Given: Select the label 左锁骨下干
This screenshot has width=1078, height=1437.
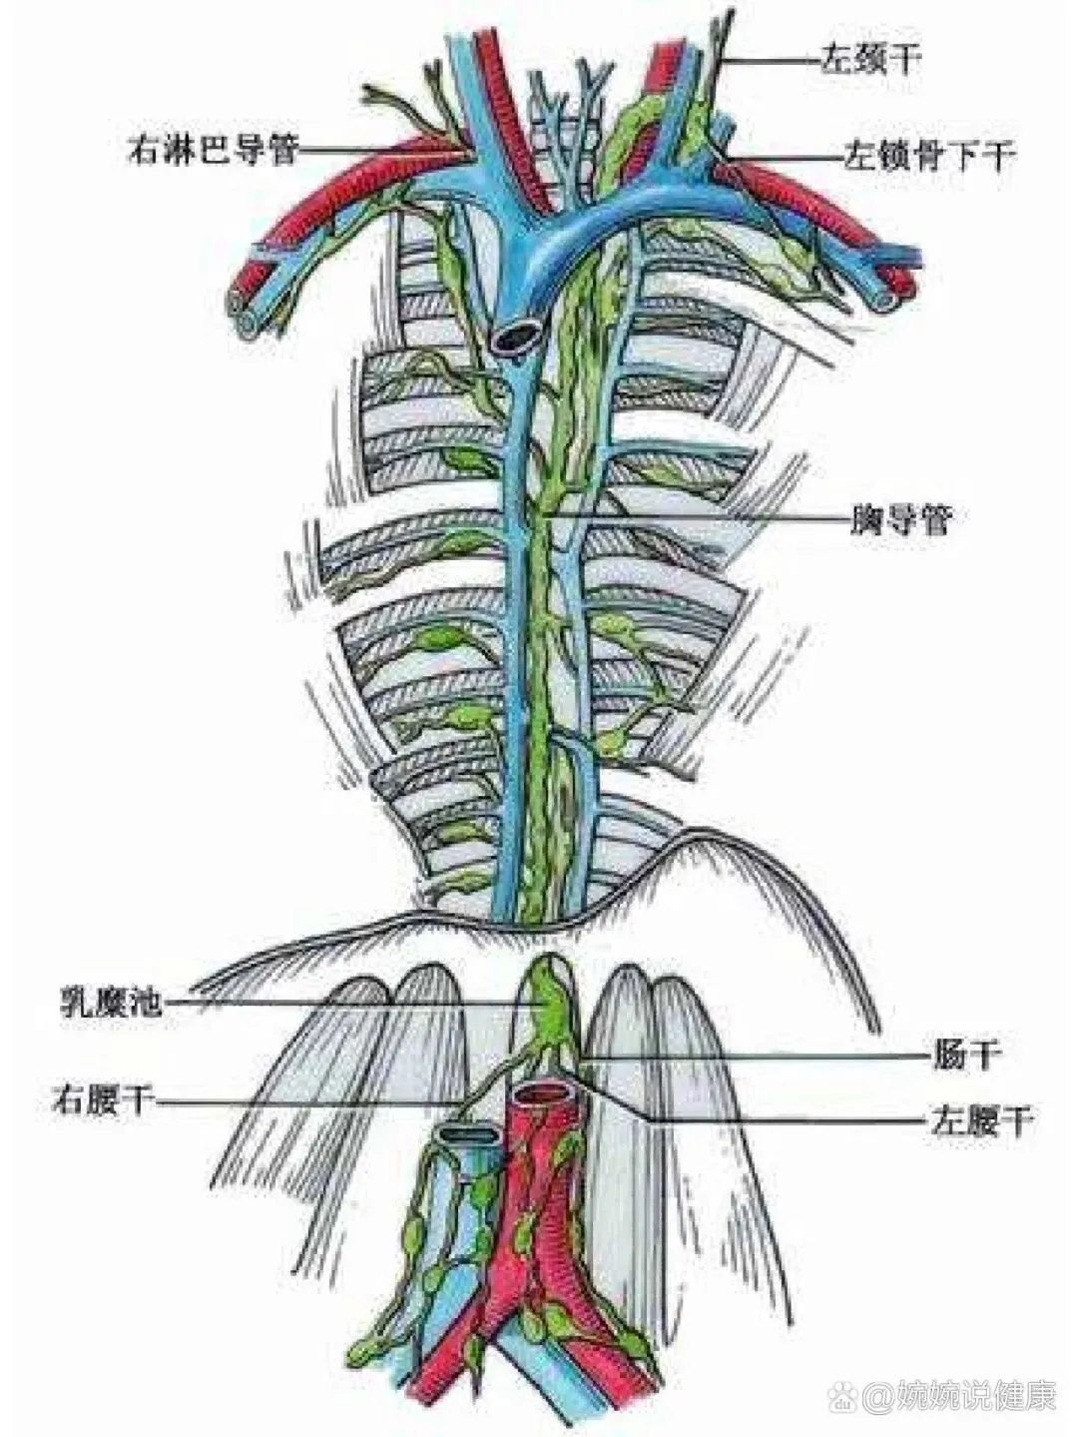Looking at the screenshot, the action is [x=929, y=156].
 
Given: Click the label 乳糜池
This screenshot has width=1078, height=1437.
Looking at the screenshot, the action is [x=109, y=1002].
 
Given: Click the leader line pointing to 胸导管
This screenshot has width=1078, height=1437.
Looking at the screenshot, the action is [x=699, y=516].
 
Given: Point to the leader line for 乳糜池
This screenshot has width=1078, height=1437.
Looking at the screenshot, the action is [x=349, y=1002].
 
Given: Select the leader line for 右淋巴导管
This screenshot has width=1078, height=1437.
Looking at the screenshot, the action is [x=379, y=151].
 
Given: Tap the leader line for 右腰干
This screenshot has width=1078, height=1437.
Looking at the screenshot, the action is [x=309, y=1103].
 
